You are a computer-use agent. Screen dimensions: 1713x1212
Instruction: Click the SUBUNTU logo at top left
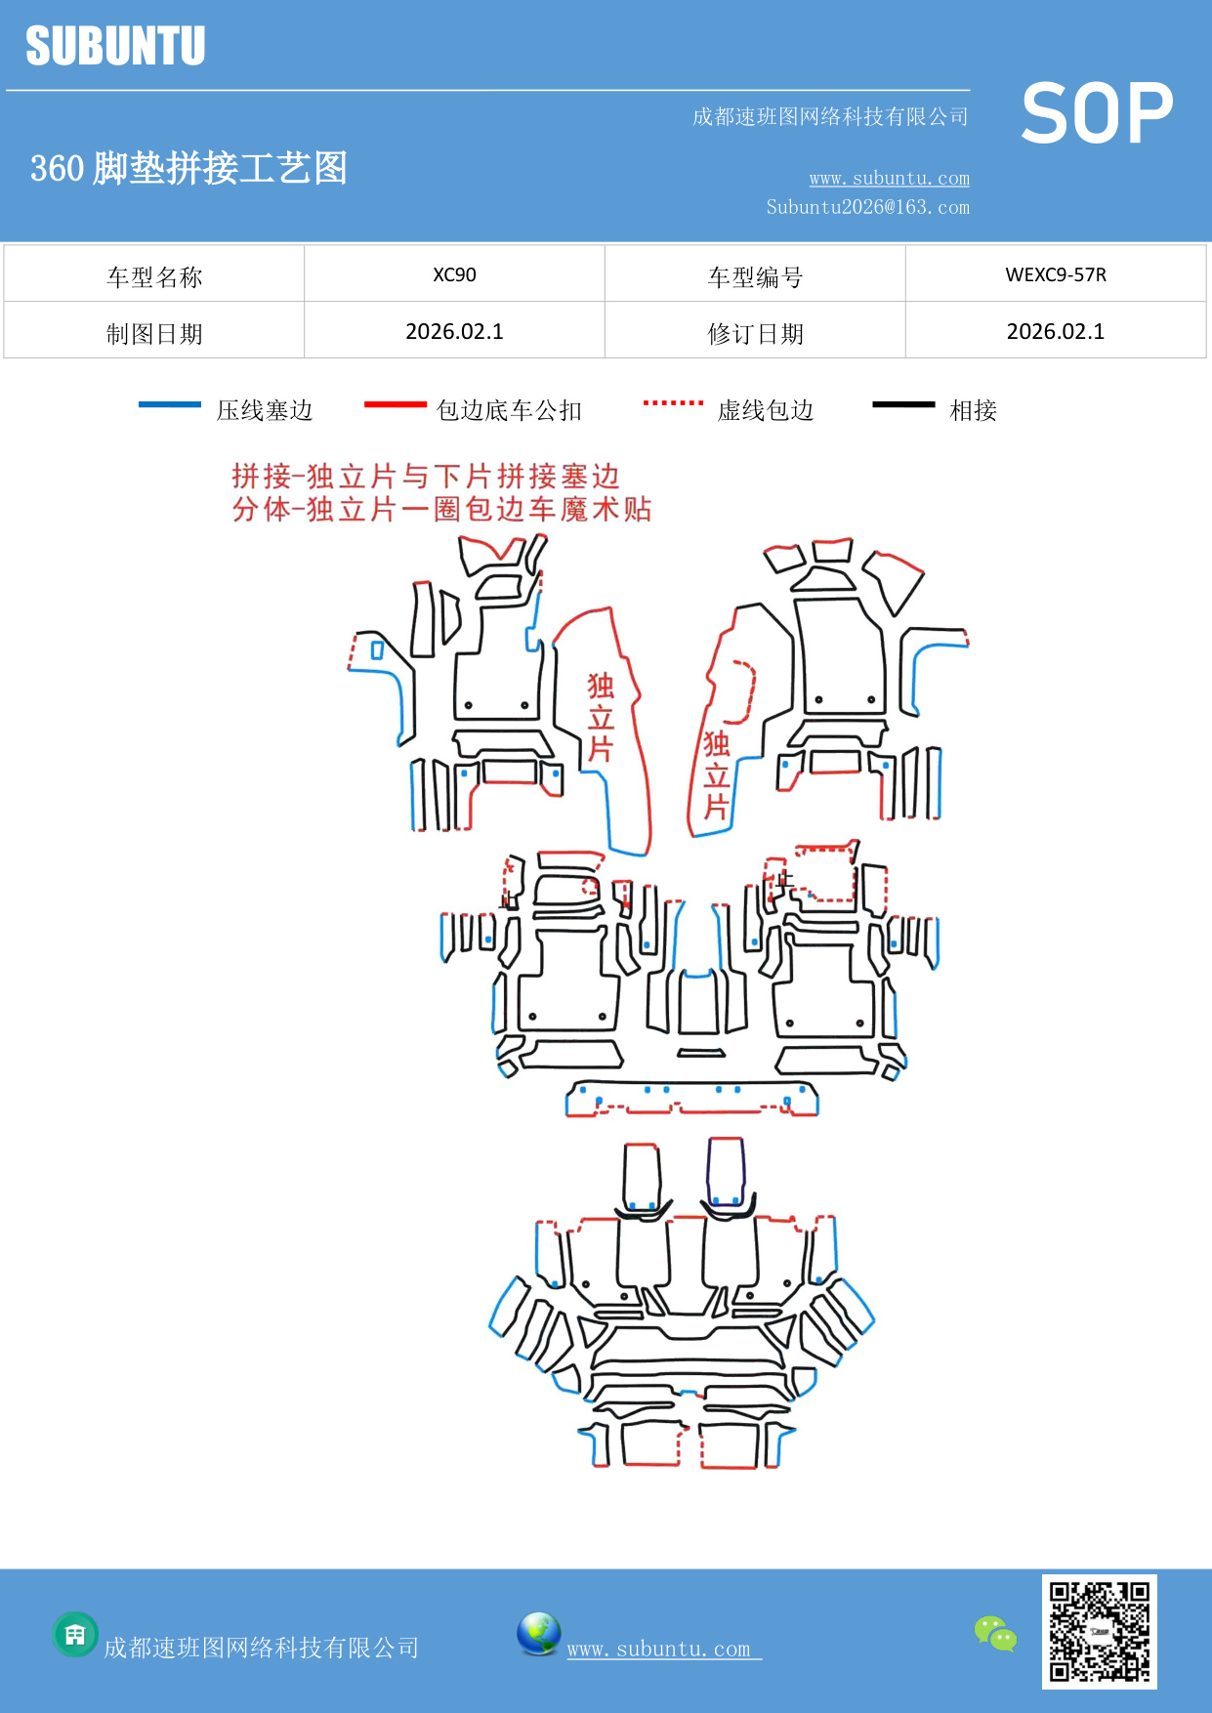(x=115, y=46)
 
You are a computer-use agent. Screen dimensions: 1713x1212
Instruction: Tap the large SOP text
(x=1097, y=113)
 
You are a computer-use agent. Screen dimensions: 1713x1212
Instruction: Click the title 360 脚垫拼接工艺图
(x=188, y=168)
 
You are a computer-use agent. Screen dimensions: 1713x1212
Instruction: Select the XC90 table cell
(x=454, y=274)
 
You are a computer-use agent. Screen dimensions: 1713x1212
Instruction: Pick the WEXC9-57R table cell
(x=1056, y=274)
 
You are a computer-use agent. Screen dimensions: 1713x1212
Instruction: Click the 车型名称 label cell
(x=154, y=277)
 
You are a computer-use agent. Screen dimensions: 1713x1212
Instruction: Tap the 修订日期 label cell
(x=755, y=334)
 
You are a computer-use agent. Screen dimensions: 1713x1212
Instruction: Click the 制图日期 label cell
(x=154, y=334)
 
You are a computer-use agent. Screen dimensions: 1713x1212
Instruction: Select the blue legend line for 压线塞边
(x=170, y=404)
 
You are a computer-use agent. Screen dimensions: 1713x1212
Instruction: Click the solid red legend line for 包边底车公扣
(x=395, y=404)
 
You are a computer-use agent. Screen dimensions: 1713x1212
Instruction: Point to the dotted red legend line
(x=673, y=402)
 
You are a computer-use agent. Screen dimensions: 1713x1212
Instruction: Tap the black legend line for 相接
(x=903, y=404)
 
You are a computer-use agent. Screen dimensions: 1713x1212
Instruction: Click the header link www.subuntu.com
(x=889, y=178)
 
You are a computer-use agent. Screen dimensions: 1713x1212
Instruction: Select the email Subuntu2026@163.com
(x=867, y=207)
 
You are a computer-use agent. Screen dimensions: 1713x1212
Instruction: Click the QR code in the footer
(x=1099, y=1631)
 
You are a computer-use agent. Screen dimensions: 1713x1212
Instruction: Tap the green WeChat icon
(x=995, y=1633)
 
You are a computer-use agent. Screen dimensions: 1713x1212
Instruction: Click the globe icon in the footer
(x=538, y=1634)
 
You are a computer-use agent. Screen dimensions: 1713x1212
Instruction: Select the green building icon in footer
(x=75, y=1634)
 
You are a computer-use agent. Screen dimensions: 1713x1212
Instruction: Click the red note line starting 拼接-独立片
(x=426, y=477)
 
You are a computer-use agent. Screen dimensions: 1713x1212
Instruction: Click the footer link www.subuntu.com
(x=659, y=1649)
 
